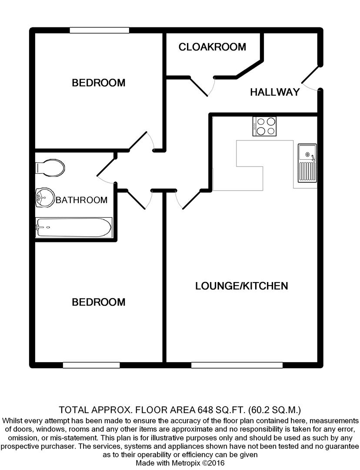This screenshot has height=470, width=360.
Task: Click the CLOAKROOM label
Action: [x=212, y=47]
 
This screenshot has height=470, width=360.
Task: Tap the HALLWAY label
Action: [x=275, y=92]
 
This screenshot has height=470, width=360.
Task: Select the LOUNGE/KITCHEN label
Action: [x=241, y=286]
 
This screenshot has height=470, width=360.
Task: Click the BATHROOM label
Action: [x=82, y=200]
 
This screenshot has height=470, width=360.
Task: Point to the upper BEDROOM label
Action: [x=99, y=83]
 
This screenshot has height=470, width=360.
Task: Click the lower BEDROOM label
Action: [x=99, y=302]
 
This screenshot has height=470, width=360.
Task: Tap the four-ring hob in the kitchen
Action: [x=265, y=126]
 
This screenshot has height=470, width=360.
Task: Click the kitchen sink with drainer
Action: [x=307, y=164]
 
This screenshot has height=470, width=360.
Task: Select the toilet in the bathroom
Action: [x=50, y=167]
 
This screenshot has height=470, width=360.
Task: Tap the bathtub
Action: [x=73, y=227]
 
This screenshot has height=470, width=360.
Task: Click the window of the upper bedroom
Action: [x=100, y=30]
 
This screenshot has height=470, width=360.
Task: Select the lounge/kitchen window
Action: [x=237, y=365]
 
